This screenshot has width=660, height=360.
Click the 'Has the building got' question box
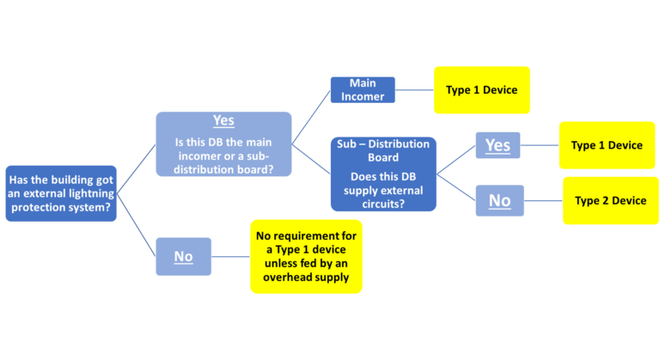coord(60,193)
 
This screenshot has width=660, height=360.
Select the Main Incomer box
coord(363,89)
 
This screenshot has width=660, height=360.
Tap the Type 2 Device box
coord(610,200)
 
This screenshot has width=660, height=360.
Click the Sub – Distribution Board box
coord(383,174)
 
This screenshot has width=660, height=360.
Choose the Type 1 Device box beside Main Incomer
coord(481,89)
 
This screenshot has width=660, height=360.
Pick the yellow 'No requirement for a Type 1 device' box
coord(306,256)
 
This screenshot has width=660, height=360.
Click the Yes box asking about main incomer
coord(223,143)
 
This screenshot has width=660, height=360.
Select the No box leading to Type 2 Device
coord(498,201)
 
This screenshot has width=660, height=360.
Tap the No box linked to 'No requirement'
coord(183,256)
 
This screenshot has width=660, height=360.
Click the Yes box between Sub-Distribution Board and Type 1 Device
coord(498,145)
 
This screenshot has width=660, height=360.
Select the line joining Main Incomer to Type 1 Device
coord(414,89)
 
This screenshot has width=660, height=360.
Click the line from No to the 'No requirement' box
coord(230,256)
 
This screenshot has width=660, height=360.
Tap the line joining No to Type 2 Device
coord(542,201)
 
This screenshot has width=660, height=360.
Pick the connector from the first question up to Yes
coord(136,168)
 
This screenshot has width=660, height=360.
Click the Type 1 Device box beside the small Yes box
coord(607,145)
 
